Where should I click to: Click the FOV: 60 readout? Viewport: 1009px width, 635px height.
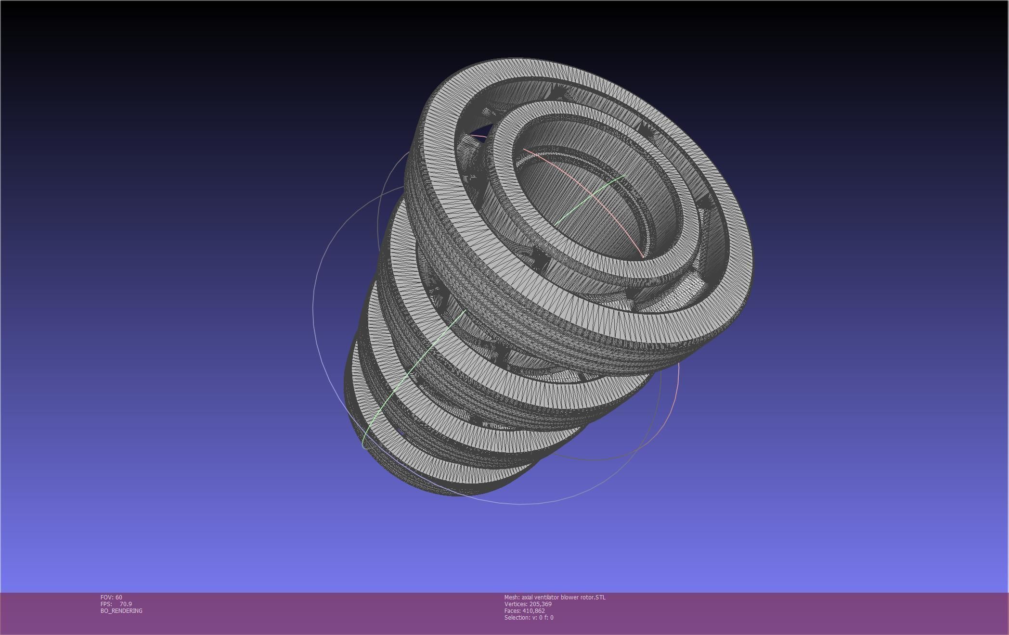coord(111,597)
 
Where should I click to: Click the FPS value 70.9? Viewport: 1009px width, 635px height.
coord(126,604)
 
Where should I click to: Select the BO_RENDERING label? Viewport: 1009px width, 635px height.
coord(121,610)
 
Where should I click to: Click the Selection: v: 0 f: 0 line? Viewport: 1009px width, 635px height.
coord(529,617)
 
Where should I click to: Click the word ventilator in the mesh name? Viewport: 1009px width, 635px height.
coord(546,597)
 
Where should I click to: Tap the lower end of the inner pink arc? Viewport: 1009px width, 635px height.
coord(642,256)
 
